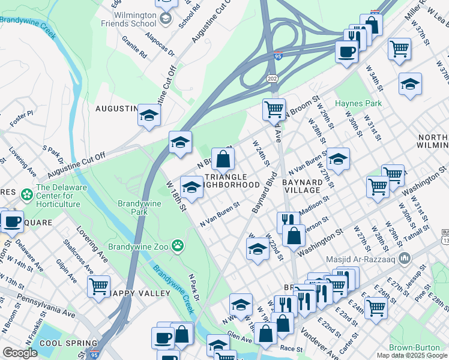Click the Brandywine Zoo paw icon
click(x=177, y=245)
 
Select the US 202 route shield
click(x=272, y=79)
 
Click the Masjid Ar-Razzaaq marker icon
click(x=405, y=259)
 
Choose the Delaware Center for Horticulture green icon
click(x=27, y=196)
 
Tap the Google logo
click(x=20, y=353)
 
